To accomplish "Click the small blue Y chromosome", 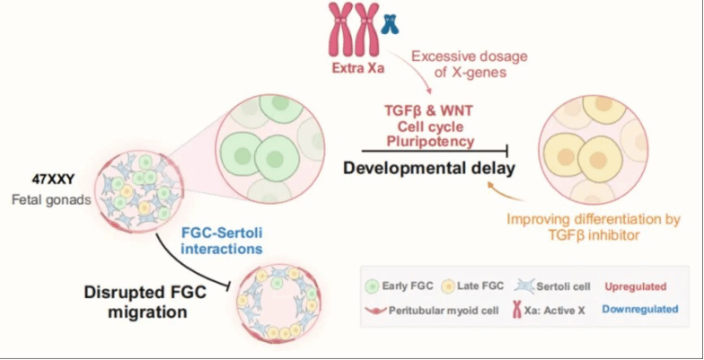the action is point(390,24).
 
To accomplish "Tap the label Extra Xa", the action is point(358,70).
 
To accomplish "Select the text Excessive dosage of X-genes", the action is point(470,65).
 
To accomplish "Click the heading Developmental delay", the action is point(429,169).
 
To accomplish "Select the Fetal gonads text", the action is point(51,200).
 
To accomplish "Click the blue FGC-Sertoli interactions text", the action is point(222,241).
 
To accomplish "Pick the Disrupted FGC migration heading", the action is point(145,302).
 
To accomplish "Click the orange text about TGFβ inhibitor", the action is point(594,227).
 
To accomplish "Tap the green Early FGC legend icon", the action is point(373,285).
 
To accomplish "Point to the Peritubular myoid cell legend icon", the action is point(375,311).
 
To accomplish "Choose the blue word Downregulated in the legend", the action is point(639,309).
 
